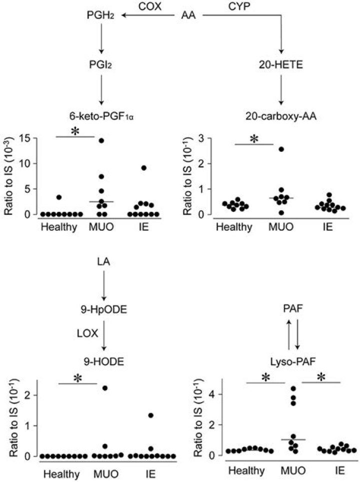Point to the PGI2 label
101,64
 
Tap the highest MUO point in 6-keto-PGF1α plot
101,140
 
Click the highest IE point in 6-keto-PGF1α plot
144,168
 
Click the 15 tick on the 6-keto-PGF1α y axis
29,138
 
